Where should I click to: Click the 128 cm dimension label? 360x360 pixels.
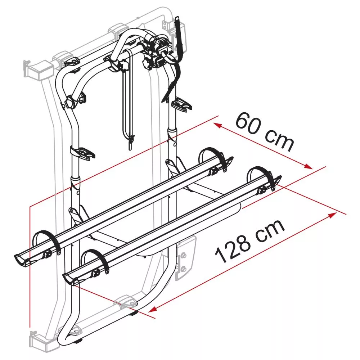click(249, 241)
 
